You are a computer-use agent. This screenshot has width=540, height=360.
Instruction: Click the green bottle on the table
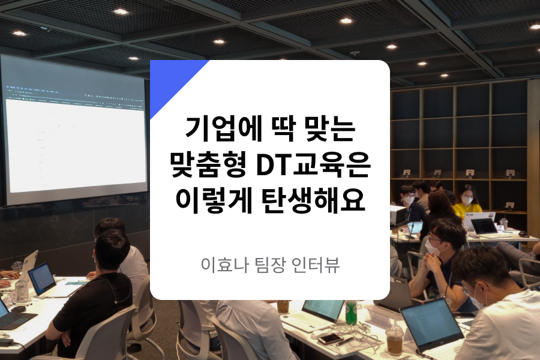351,313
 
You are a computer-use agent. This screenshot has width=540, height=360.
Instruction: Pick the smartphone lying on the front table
329,339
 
